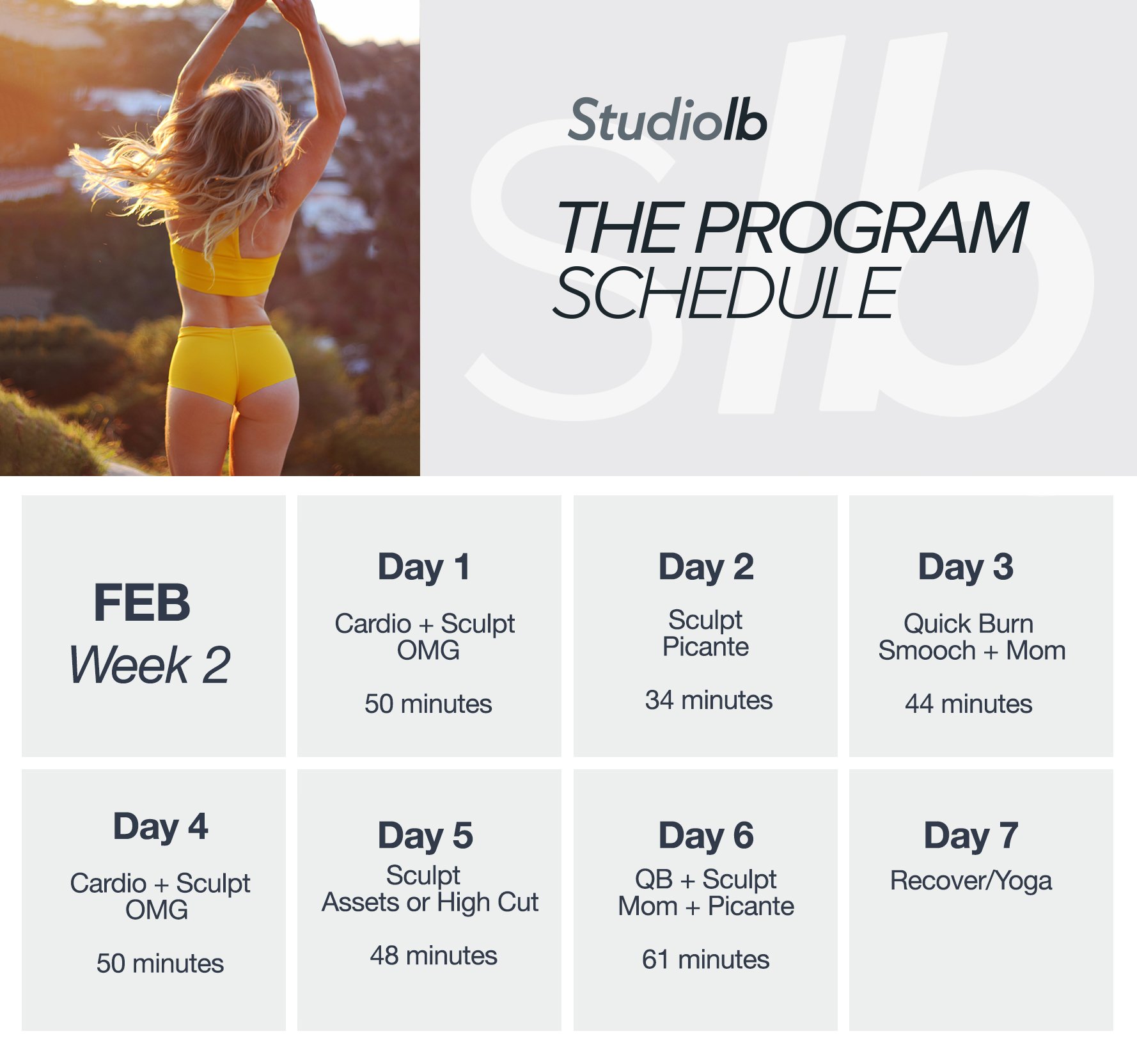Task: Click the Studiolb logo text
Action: [x=667, y=120]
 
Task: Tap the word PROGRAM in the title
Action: [x=861, y=228]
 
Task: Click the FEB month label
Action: [x=142, y=603]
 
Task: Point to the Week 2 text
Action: [x=150, y=665]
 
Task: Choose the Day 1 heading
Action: [x=424, y=567]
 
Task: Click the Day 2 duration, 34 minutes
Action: [x=709, y=700]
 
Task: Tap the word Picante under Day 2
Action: [x=705, y=647]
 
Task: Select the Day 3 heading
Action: [x=966, y=567]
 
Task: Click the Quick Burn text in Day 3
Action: [x=968, y=623]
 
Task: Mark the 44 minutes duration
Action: [x=968, y=704]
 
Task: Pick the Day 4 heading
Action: [x=161, y=827]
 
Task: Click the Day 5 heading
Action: [x=425, y=836]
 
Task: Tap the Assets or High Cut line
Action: [x=430, y=902]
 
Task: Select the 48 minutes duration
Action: [x=434, y=956]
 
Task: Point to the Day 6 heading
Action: [x=706, y=836]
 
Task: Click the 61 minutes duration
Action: [x=705, y=960]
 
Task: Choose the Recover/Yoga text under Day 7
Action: [x=971, y=881]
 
